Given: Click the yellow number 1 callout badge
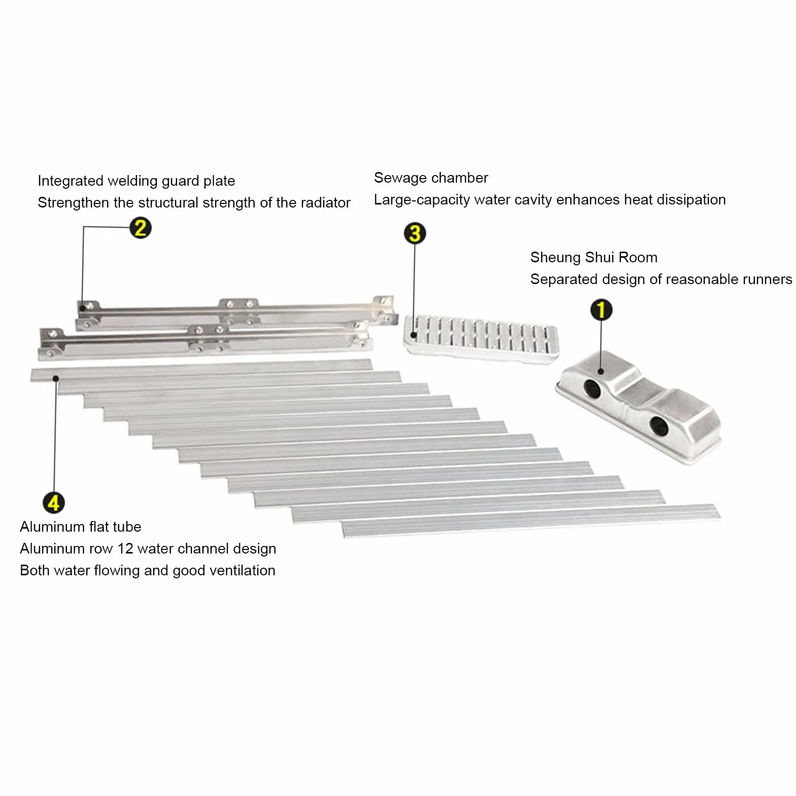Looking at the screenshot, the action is pyautogui.click(x=601, y=309).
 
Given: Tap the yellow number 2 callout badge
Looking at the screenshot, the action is pyautogui.click(x=141, y=228).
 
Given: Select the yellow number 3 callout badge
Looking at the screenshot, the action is pyautogui.click(x=415, y=233).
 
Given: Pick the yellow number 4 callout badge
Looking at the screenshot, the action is pyautogui.click(x=54, y=503).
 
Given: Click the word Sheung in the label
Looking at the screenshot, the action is pyautogui.click(x=556, y=258).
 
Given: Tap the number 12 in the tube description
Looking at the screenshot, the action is pyautogui.click(x=125, y=548).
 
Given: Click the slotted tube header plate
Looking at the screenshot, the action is pyautogui.click(x=480, y=338).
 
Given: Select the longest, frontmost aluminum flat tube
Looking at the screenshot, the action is pyautogui.click(x=531, y=520).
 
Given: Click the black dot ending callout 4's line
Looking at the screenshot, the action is pyautogui.click(x=56, y=378).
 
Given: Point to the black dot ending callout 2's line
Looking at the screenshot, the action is pyautogui.click(x=83, y=308).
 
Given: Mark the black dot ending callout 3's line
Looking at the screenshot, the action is pyautogui.click(x=414, y=335).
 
